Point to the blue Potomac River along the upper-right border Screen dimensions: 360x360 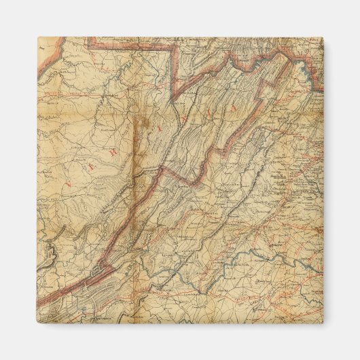309,68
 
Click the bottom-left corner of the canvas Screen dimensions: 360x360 37,323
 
